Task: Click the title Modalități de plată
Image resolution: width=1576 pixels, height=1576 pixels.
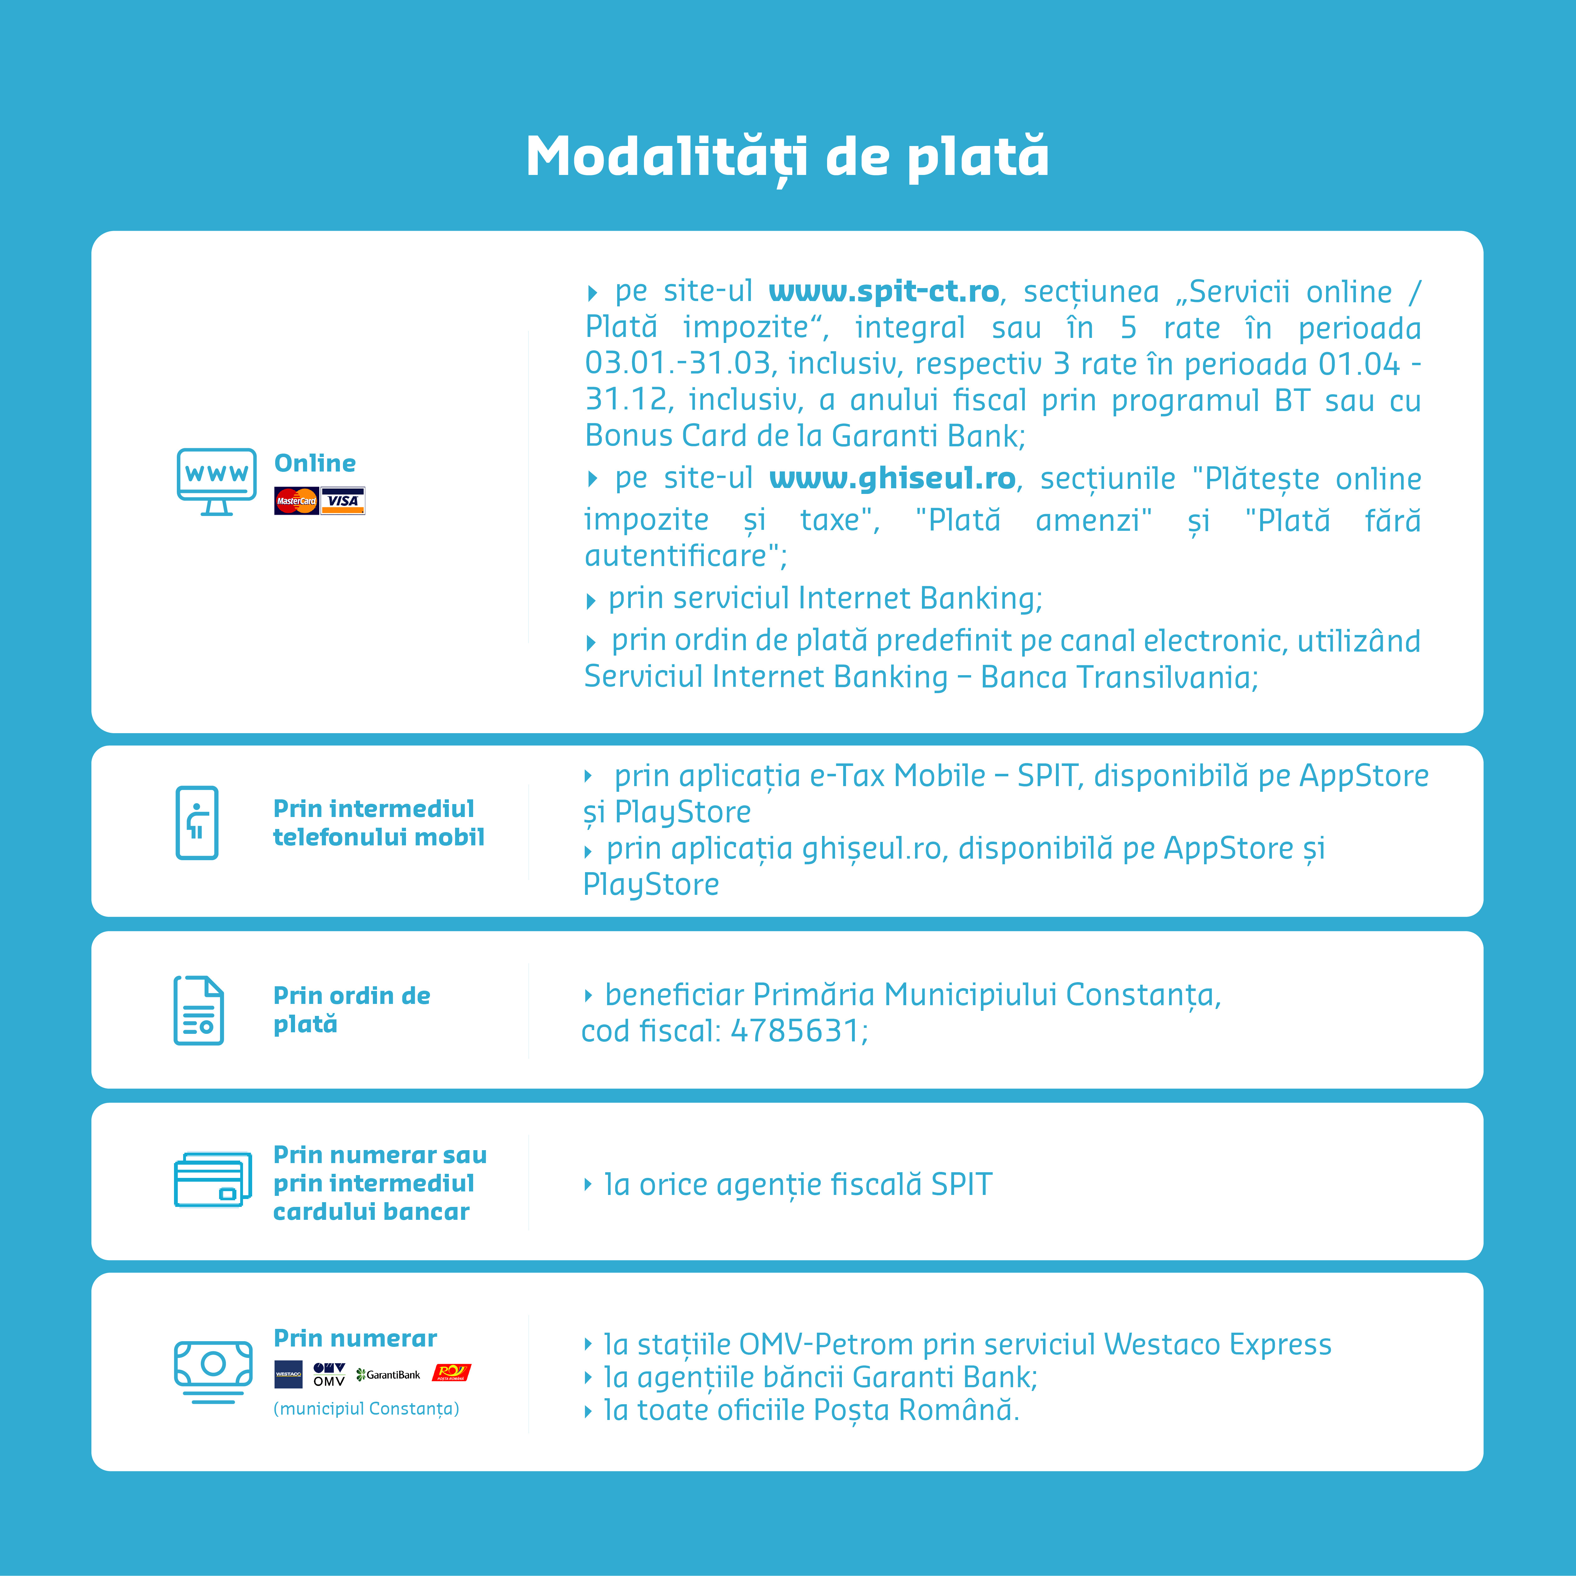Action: click(x=787, y=157)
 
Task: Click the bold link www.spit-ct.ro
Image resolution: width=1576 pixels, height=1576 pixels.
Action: click(x=884, y=291)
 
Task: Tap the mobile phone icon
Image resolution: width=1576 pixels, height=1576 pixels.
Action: click(x=197, y=822)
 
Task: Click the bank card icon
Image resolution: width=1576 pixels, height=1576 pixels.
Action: click(x=212, y=1179)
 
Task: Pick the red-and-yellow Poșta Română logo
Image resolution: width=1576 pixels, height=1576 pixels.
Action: click(x=451, y=1373)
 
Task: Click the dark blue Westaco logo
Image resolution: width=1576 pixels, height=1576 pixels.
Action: click(x=288, y=1375)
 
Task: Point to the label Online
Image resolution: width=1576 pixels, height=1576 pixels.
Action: click(x=315, y=463)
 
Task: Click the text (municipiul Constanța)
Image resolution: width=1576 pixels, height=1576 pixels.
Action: click(x=366, y=1409)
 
